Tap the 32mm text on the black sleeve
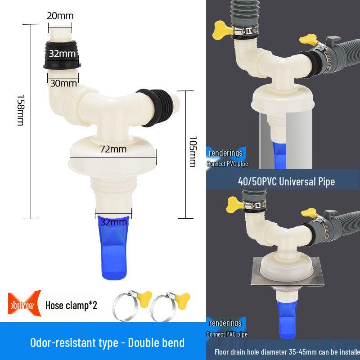(x=62, y=54)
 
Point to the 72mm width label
(x=113, y=149)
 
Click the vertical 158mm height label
(x=20, y=110)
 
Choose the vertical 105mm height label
(x=192, y=152)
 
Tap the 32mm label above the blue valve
(x=113, y=222)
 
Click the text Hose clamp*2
(x=71, y=306)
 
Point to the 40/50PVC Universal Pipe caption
(x=286, y=182)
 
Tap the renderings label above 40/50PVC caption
(x=225, y=153)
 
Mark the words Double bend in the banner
(x=156, y=343)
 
